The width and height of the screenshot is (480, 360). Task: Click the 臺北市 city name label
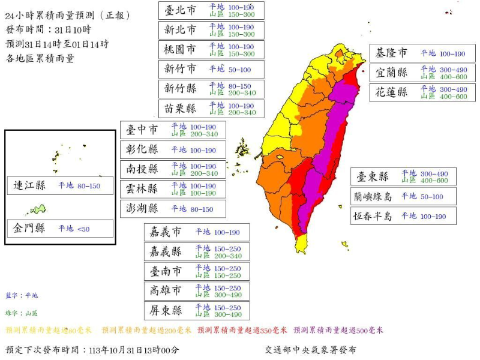pos(181,10)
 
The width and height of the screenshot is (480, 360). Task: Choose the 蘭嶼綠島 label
pos(372,196)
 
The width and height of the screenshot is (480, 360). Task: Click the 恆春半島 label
pos(372,216)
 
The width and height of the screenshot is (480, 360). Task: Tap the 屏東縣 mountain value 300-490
pos(228,314)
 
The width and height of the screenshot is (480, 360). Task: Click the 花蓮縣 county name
pos(392,92)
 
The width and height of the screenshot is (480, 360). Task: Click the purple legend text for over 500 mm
pos(338,330)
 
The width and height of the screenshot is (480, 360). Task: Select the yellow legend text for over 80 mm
pos(49,330)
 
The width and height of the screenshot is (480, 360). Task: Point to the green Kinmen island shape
pos(37,209)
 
